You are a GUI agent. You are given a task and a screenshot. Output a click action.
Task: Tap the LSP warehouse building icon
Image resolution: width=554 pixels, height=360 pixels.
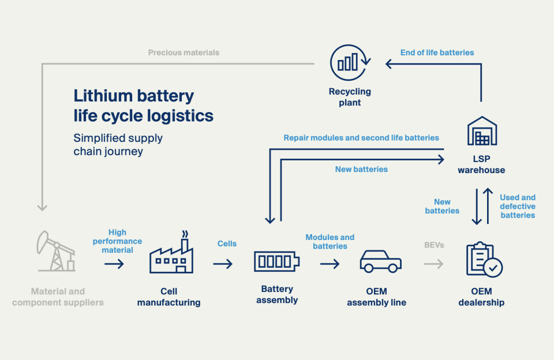pos(481,132)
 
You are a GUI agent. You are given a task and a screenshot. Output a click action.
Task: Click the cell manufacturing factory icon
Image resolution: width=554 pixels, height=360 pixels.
pos(171,254)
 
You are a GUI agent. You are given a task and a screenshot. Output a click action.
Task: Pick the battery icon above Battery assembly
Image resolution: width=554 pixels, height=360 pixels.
pos(277,261)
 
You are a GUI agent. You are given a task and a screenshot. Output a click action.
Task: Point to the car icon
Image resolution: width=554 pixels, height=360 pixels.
pos(380,261)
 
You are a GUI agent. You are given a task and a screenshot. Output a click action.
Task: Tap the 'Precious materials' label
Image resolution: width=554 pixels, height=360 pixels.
pos(184,52)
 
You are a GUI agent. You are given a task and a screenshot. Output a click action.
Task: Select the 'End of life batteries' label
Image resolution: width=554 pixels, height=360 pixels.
pos(437,52)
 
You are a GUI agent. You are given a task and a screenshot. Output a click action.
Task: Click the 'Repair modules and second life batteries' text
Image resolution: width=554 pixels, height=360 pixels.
pos(361,138)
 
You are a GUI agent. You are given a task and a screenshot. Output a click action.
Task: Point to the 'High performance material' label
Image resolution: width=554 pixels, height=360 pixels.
pos(117,241)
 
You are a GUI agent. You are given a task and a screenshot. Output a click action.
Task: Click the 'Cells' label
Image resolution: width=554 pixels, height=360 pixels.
pos(227,243)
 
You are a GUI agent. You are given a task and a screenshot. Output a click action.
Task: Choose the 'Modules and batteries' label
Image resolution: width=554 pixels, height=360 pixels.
pos(330,242)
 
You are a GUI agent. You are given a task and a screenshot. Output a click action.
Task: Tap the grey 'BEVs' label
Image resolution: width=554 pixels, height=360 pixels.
pos(434,245)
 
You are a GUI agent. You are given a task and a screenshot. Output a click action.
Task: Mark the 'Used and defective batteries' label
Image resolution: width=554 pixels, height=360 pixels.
pos(518,206)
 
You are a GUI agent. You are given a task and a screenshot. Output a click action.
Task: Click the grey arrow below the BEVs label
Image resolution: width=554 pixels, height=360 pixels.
pos(433,264)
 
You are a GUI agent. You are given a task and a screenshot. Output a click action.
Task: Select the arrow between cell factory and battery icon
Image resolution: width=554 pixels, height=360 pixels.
pos(223,264)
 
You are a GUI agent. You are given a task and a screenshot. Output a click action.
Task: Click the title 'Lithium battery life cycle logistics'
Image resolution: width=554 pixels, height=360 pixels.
pos(143,106)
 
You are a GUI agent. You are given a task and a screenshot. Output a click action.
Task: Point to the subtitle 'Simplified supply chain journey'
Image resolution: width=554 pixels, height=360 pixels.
pos(118,145)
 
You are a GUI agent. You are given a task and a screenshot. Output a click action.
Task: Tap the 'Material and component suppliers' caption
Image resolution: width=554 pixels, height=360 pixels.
pos(58,297)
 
